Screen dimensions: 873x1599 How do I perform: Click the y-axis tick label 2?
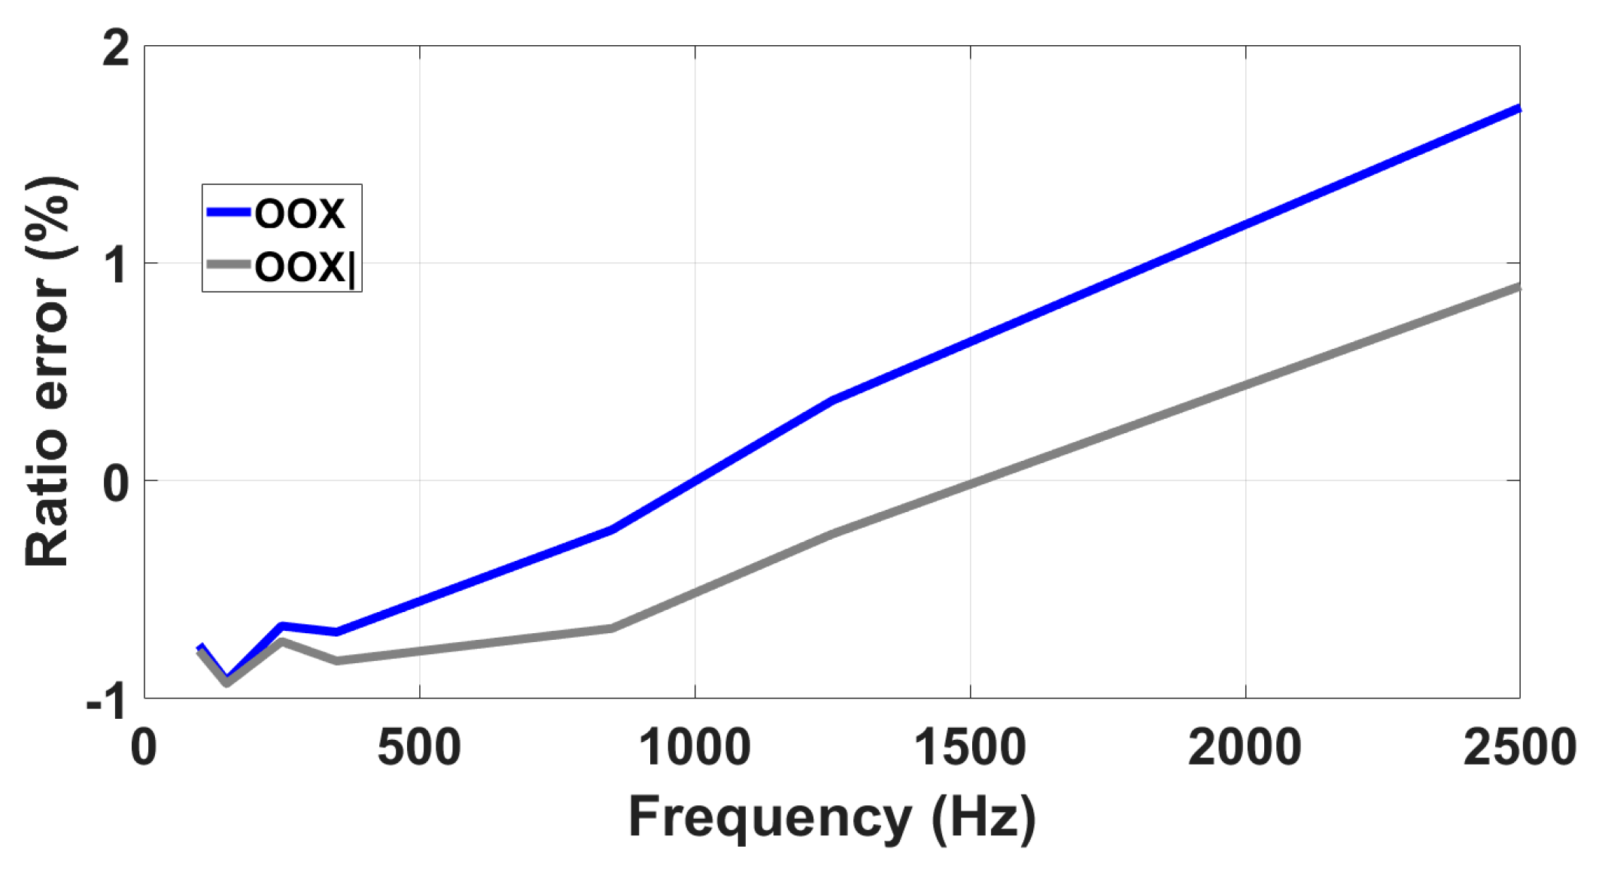(116, 50)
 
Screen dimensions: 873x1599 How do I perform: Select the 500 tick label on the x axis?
(419, 747)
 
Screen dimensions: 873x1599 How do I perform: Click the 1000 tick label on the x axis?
(694, 747)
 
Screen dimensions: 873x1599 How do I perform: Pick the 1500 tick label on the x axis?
(969, 747)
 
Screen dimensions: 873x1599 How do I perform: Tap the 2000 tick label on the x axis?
(1245, 747)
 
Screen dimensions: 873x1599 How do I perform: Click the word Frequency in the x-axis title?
(770, 817)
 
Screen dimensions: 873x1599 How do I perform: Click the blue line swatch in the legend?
(228, 213)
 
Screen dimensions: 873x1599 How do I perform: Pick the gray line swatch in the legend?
(228, 264)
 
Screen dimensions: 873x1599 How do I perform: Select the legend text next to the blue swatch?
(299, 214)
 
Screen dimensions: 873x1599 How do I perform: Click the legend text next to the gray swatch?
(304, 266)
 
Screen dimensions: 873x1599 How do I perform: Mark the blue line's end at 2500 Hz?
(1518, 109)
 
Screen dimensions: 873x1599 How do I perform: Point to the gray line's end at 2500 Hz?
(1518, 287)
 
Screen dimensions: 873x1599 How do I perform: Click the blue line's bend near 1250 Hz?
(832, 400)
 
